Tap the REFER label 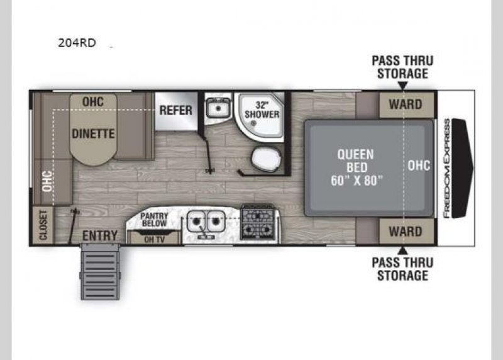(175, 110)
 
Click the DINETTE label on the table (93, 133)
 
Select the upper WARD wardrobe (405, 104)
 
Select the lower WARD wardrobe (405, 231)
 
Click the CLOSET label (43, 225)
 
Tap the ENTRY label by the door (100, 235)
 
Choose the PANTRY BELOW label (154, 219)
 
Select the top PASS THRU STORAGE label (402, 67)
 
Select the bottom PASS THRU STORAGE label (402, 269)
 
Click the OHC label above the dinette (92, 101)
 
